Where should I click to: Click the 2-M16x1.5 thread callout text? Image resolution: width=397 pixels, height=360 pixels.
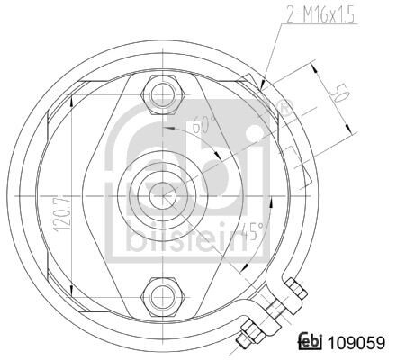320,14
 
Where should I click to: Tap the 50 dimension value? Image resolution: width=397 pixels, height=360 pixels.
339,94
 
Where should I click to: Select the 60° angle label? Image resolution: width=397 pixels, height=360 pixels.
204,124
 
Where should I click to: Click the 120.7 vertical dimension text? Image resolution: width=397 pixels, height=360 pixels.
65,212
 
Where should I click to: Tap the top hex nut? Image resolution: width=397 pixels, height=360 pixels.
162,94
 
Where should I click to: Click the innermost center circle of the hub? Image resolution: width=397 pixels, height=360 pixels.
162,196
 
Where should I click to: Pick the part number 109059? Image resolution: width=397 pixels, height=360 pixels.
356,342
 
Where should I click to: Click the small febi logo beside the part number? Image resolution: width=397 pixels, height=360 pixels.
311,342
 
